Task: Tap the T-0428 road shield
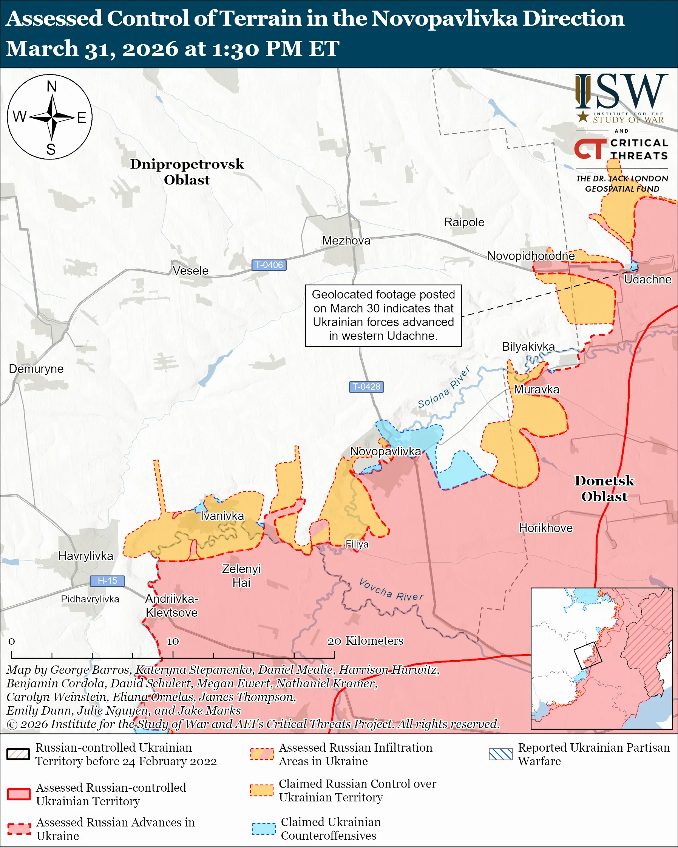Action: [x=366, y=387]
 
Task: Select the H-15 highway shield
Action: [x=107, y=580]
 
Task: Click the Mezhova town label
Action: [x=346, y=240]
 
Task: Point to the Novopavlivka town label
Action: [x=385, y=451]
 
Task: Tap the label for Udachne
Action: [x=648, y=279]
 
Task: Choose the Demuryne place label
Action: [x=36, y=368]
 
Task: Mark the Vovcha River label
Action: [x=391, y=590]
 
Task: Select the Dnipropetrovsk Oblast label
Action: [x=187, y=172]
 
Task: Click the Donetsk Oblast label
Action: [x=604, y=489]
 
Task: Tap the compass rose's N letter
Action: [x=51, y=86]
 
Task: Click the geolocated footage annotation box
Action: [x=383, y=316]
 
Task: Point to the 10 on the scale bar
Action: [x=173, y=642]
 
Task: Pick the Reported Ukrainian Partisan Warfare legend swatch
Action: [x=501, y=754]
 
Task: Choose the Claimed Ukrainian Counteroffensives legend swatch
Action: [x=263, y=829]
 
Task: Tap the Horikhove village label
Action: [x=545, y=528]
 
